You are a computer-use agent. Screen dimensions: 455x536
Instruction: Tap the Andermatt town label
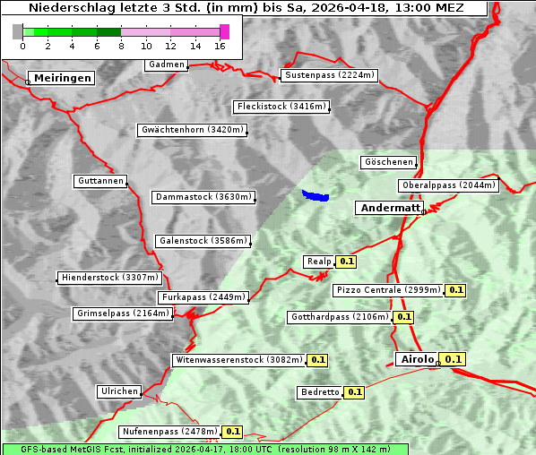pos(390,208)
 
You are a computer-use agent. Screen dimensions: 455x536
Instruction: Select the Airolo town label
pos(417,359)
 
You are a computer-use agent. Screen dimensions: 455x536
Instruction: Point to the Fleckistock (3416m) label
pos(281,107)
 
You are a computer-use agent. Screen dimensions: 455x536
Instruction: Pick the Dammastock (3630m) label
pos(203,197)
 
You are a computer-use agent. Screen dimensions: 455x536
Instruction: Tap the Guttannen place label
pos(100,181)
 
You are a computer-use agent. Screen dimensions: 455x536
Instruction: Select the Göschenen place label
pos(389,162)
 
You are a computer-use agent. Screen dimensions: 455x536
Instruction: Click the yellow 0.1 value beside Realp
pos(347,262)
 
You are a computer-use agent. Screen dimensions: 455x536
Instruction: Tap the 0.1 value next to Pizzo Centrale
pos(456,290)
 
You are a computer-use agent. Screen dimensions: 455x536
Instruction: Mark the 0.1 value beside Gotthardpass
pos(403,317)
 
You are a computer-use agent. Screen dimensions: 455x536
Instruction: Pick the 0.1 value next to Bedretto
pos(354,392)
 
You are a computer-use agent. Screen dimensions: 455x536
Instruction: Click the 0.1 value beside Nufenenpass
pos(232,432)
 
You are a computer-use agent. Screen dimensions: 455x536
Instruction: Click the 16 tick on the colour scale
pos(220,46)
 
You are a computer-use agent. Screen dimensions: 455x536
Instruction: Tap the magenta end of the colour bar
pos(224,31)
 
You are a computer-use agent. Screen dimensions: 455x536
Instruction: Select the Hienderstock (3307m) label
pos(108,278)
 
